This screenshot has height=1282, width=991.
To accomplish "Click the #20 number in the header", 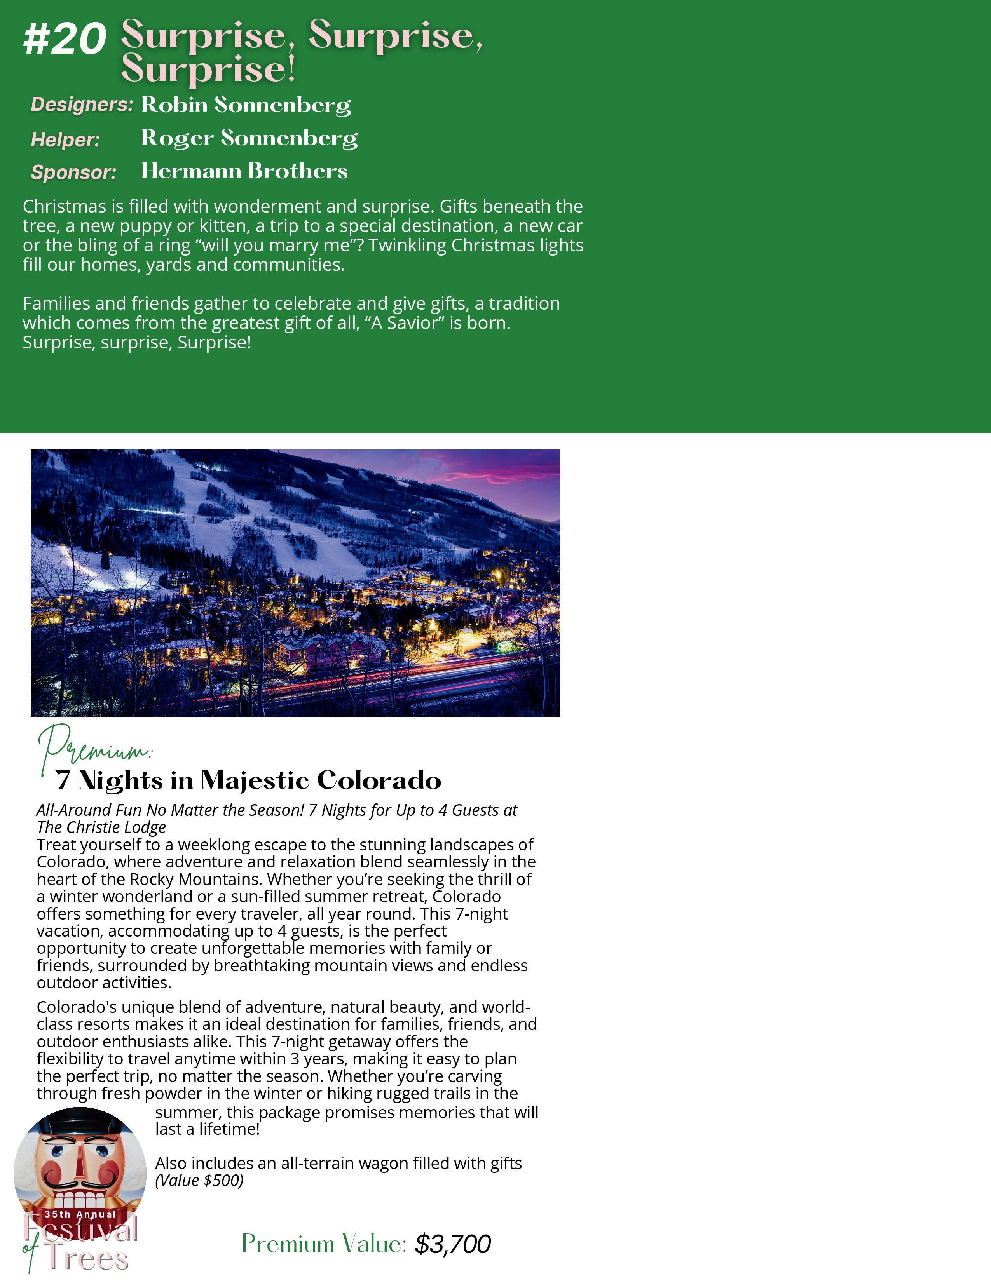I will coord(65,40).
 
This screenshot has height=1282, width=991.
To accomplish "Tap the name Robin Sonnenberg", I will coord(246,105).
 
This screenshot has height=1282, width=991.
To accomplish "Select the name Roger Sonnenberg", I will coord(249,138).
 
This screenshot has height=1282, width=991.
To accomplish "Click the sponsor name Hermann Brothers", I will coord(244,171).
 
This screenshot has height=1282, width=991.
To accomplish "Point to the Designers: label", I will coord(82,105).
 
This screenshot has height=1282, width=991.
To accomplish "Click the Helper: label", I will coord(66,140).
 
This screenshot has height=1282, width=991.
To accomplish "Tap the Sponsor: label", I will coord(74,172).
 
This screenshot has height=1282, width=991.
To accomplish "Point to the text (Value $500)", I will coord(199,1181).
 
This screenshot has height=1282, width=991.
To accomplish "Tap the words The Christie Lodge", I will coord(101,827).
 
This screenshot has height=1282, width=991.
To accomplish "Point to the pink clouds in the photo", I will coord(499,470).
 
